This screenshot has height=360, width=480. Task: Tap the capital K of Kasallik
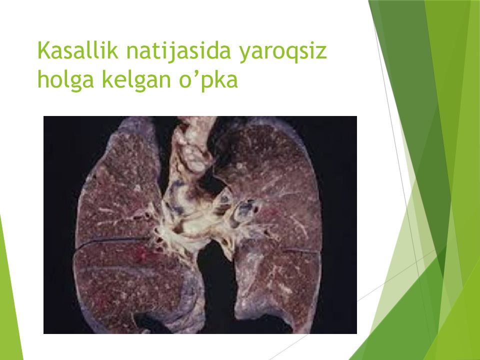point(44,51)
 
